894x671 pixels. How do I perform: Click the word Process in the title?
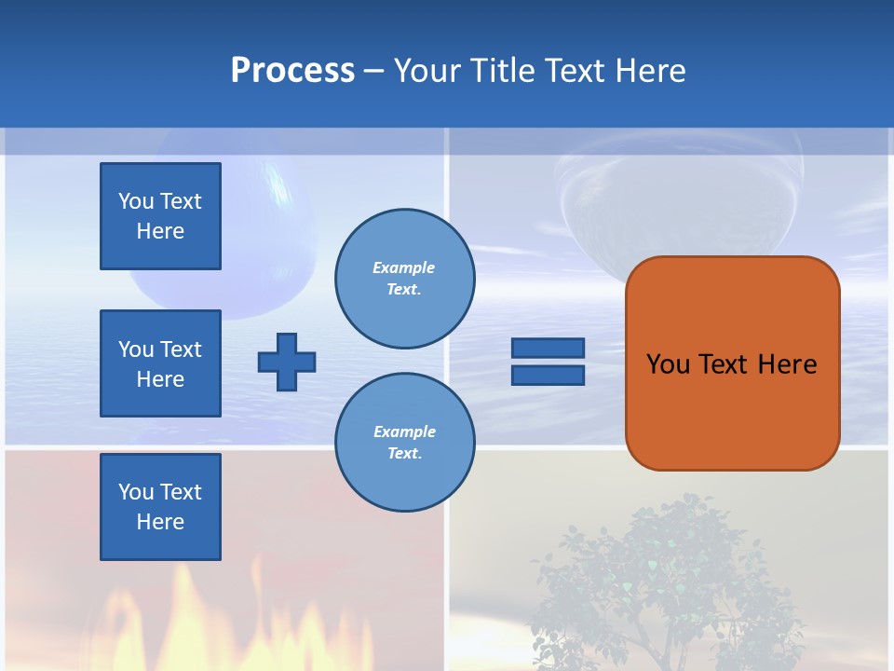pyautogui.click(x=292, y=71)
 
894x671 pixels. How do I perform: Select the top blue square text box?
pyautogui.click(x=160, y=216)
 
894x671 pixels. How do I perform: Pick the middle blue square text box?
pyautogui.click(x=160, y=363)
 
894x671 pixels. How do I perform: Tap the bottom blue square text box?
pyautogui.click(x=160, y=507)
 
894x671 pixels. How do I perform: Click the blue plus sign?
pyautogui.click(x=287, y=362)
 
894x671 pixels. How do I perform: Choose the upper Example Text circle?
pyautogui.click(x=405, y=279)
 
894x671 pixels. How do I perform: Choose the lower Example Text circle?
pyautogui.click(x=405, y=443)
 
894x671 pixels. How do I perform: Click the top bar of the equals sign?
pyautogui.click(x=548, y=349)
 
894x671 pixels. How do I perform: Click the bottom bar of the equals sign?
pyautogui.click(x=548, y=375)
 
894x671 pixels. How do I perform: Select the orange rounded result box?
pyautogui.click(x=732, y=363)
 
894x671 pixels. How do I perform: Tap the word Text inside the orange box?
pyautogui.click(x=727, y=364)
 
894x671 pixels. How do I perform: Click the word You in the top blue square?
pyautogui.click(x=135, y=201)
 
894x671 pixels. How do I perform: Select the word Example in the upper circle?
pyautogui.click(x=404, y=267)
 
